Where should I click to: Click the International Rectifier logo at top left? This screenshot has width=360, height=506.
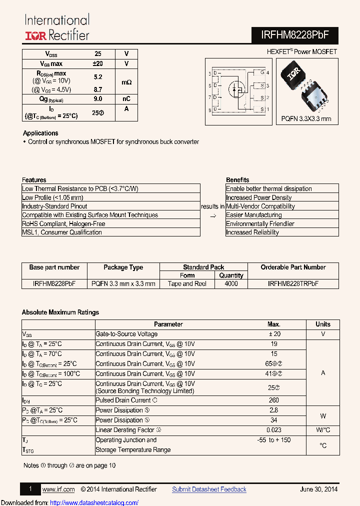point(57,28)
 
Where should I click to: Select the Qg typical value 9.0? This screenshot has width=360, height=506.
point(98,99)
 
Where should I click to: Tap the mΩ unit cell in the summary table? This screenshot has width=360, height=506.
point(126,81)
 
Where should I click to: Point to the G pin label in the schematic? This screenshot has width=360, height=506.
point(261,73)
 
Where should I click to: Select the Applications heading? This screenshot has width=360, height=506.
point(40,133)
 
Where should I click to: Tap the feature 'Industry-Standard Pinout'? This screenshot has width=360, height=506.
point(54,206)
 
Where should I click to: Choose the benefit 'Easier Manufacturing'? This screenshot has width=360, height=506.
point(253,215)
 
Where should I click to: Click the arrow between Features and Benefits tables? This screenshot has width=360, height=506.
point(212,215)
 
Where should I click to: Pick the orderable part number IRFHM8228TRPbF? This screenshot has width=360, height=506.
point(293,283)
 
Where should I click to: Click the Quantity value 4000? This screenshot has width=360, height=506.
point(231,283)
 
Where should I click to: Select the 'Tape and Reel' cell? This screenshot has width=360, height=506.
point(187,283)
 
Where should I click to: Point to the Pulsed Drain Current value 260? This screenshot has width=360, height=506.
point(274,400)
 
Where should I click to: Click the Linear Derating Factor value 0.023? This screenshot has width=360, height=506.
point(274,430)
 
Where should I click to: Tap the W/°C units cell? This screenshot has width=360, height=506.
point(323,430)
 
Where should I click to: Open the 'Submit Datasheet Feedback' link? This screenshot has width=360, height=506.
point(209,489)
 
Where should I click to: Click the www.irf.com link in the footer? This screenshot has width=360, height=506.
point(58,489)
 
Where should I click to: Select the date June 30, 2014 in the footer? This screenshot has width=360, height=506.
point(319,489)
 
